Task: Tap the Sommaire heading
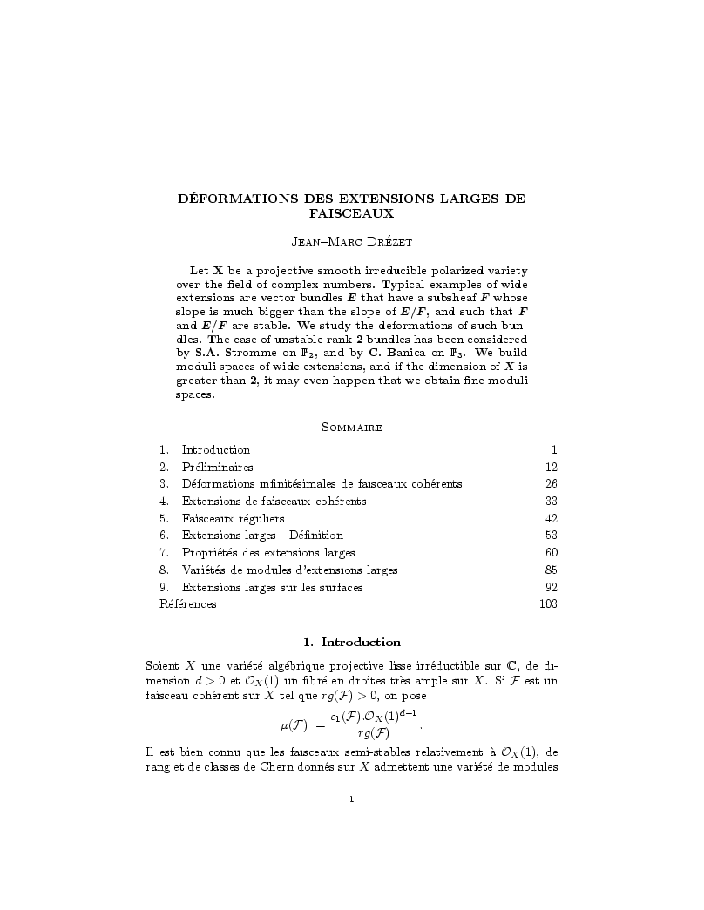tap(351, 427)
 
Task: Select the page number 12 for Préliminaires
tap(551, 467)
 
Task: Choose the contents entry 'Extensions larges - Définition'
tap(261, 535)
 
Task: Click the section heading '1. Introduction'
tap(351, 642)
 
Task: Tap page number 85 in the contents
tap(551, 570)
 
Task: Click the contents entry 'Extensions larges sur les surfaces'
tap(272, 586)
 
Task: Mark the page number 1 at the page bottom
tap(351, 796)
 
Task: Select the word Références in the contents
tap(188, 603)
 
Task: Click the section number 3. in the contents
tap(164, 484)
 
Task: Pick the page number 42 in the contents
tap(551, 518)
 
